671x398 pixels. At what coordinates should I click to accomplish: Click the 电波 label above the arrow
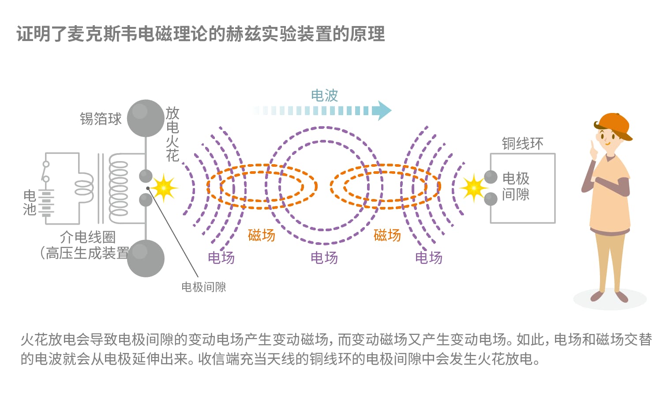pos(324,96)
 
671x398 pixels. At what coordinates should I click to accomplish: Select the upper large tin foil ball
pos(146,118)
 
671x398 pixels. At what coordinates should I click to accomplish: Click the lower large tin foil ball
pos(146,258)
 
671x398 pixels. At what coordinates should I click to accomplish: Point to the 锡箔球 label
pos(101,119)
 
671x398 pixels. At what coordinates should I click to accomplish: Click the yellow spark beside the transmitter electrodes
pos(164,188)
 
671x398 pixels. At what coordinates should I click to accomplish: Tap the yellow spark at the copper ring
pos(474,188)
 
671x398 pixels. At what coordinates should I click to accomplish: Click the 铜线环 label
pos(523,143)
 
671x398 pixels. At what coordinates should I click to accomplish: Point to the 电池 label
pos(30,203)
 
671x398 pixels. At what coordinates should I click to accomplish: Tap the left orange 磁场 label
pos(262,235)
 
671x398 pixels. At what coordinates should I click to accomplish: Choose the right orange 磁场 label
pos(387,235)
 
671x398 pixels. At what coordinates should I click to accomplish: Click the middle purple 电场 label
pos(324,258)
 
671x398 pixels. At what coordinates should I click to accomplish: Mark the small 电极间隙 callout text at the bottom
pos(204,287)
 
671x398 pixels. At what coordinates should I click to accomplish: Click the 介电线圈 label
pos(88,237)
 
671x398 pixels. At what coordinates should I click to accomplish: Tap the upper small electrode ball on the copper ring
pos(491,177)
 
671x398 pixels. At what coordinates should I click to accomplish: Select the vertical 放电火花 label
pos(172,134)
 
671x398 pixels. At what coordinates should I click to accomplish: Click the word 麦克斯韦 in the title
pos(102,34)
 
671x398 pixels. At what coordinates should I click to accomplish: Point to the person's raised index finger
pos(592,147)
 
